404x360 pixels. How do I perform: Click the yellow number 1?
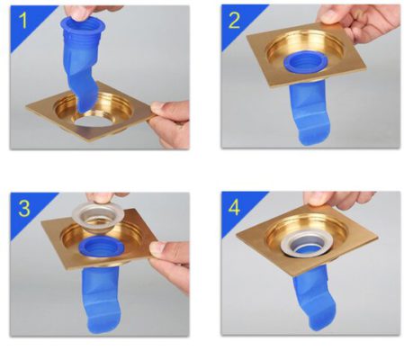click(x=23, y=22)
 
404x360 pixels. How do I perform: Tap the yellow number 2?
click(x=234, y=21)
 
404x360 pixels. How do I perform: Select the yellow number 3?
click(x=24, y=208)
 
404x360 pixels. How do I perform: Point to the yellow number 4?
click(x=234, y=208)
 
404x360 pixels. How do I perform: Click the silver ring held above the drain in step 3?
click(x=98, y=215)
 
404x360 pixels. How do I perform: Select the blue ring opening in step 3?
click(x=102, y=247)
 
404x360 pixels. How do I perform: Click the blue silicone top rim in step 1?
click(x=83, y=24)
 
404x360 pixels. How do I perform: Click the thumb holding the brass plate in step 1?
click(x=165, y=107)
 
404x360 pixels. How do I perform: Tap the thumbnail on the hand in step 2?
click(x=328, y=17)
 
